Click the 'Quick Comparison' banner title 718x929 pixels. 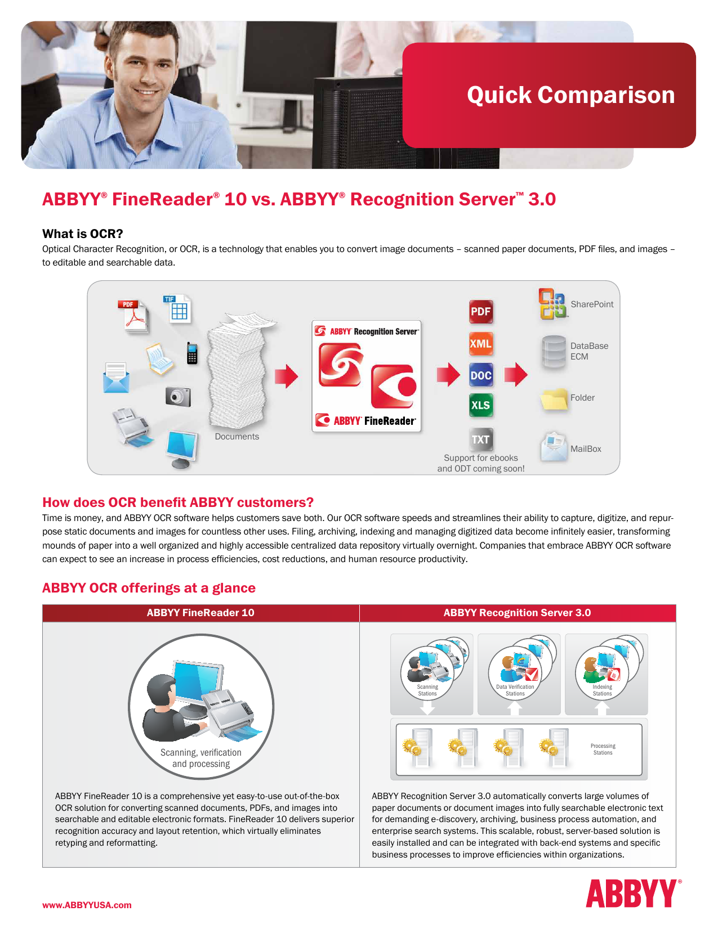tap(570, 95)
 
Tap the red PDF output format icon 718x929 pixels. tap(481, 312)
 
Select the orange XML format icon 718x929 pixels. tap(481, 343)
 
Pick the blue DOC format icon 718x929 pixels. tap(481, 375)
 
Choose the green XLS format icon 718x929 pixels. tap(481, 405)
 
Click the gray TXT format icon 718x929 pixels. tap(481, 439)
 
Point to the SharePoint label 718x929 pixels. tap(592, 304)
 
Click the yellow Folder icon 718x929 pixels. tap(554, 400)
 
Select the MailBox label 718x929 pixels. tap(586, 449)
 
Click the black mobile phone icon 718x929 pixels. tap(192, 353)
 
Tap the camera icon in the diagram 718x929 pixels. tap(178, 397)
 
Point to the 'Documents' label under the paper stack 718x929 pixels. tap(237, 437)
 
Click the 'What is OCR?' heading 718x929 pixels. tap(83, 234)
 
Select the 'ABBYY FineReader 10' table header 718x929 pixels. tap(200, 613)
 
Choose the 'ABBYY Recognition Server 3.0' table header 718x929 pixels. tap(517, 613)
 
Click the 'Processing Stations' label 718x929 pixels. tap(603, 750)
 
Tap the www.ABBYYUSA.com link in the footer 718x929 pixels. tap(87, 905)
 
